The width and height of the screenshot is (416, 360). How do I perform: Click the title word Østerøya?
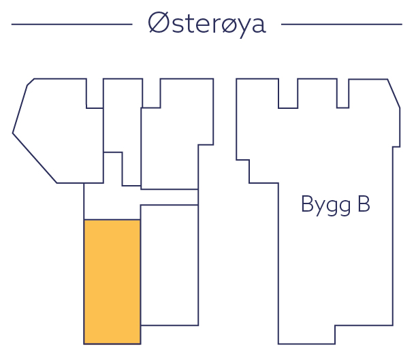206,23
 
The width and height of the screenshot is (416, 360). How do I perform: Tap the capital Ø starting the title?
158,23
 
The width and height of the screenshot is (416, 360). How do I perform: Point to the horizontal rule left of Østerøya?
71,24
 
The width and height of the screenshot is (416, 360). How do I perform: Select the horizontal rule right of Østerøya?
341,24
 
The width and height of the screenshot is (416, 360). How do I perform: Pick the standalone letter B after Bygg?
363,205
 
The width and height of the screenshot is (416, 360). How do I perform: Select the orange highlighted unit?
112,281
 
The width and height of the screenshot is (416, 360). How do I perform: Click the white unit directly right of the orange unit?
169,265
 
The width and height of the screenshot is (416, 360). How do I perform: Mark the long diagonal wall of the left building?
34,158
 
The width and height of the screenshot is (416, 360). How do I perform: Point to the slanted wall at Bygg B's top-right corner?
394,93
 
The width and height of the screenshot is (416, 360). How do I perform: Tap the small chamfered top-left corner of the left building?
30,82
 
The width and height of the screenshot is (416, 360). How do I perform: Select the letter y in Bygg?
317,208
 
